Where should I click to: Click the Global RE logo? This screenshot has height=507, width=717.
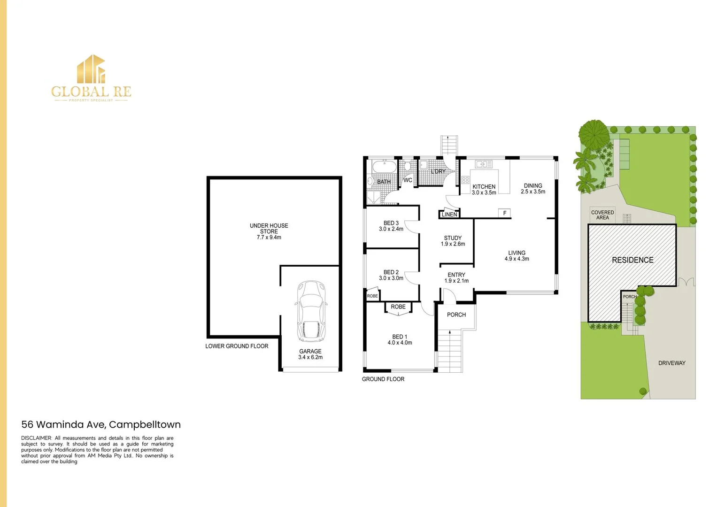click(x=92, y=78)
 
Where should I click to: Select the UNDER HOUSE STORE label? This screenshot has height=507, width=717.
click(x=269, y=231)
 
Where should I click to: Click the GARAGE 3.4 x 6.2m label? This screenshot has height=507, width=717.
click(x=310, y=354)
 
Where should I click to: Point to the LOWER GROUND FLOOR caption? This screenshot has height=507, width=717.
click(x=237, y=346)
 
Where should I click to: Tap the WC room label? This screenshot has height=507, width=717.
click(x=408, y=180)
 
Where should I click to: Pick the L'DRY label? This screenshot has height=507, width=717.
click(x=438, y=172)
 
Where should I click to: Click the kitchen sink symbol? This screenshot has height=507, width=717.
click(x=484, y=164)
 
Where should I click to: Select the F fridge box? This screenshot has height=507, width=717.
click(x=505, y=213)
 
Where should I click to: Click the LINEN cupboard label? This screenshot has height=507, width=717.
click(x=449, y=215)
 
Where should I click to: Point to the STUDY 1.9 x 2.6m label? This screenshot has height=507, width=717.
click(x=453, y=241)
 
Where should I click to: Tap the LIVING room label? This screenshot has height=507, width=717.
click(x=517, y=256)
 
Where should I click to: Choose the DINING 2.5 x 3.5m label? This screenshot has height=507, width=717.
click(x=533, y=189)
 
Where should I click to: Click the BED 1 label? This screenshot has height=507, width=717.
click(x=400, y=340)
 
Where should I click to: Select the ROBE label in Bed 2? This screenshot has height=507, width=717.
click(x=372, y=296)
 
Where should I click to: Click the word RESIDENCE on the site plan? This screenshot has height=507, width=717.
click(x=632, y=260)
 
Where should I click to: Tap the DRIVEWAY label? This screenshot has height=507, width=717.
click(x=671, y=363)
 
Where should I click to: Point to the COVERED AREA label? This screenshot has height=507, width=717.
click(x=602, y=215)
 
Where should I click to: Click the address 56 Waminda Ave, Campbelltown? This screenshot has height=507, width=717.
click(x=101, y=425)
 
